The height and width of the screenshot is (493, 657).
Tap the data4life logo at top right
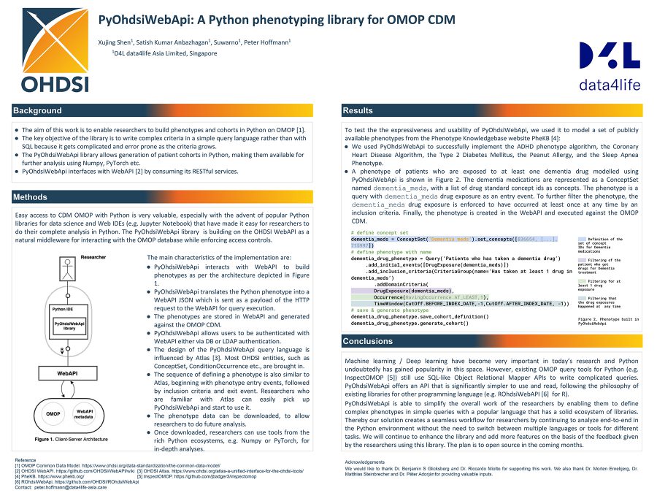[x=610, y=66]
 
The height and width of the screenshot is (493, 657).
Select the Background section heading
[x=37, y=111]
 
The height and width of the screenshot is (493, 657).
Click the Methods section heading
[x=31, y=197]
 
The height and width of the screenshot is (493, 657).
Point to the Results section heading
[x=358, y=111]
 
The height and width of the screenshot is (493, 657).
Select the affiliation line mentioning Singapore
[x=164, y=53]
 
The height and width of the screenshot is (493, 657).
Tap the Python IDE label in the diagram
[x=63, y=310]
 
